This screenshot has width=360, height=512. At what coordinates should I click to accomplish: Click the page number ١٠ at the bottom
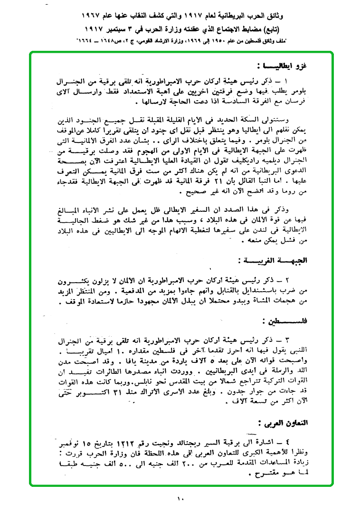(180, 499)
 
